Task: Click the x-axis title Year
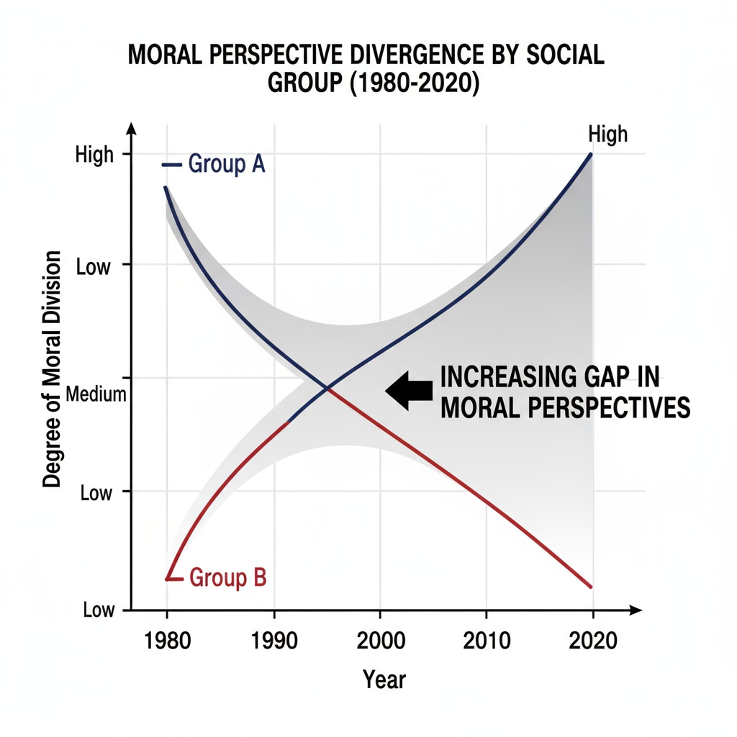[384, 678]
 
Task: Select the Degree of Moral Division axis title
[52, 371]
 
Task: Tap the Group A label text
[226, 165]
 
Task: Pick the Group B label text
[227, 577]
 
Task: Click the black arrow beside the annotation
[409, 390]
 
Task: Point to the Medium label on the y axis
[96, 394]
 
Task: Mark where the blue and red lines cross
[328, 389]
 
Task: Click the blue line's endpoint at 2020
[591, 154]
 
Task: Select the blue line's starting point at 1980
[166, 187]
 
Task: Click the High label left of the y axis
[94, 155]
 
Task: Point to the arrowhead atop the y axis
[131, 128]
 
